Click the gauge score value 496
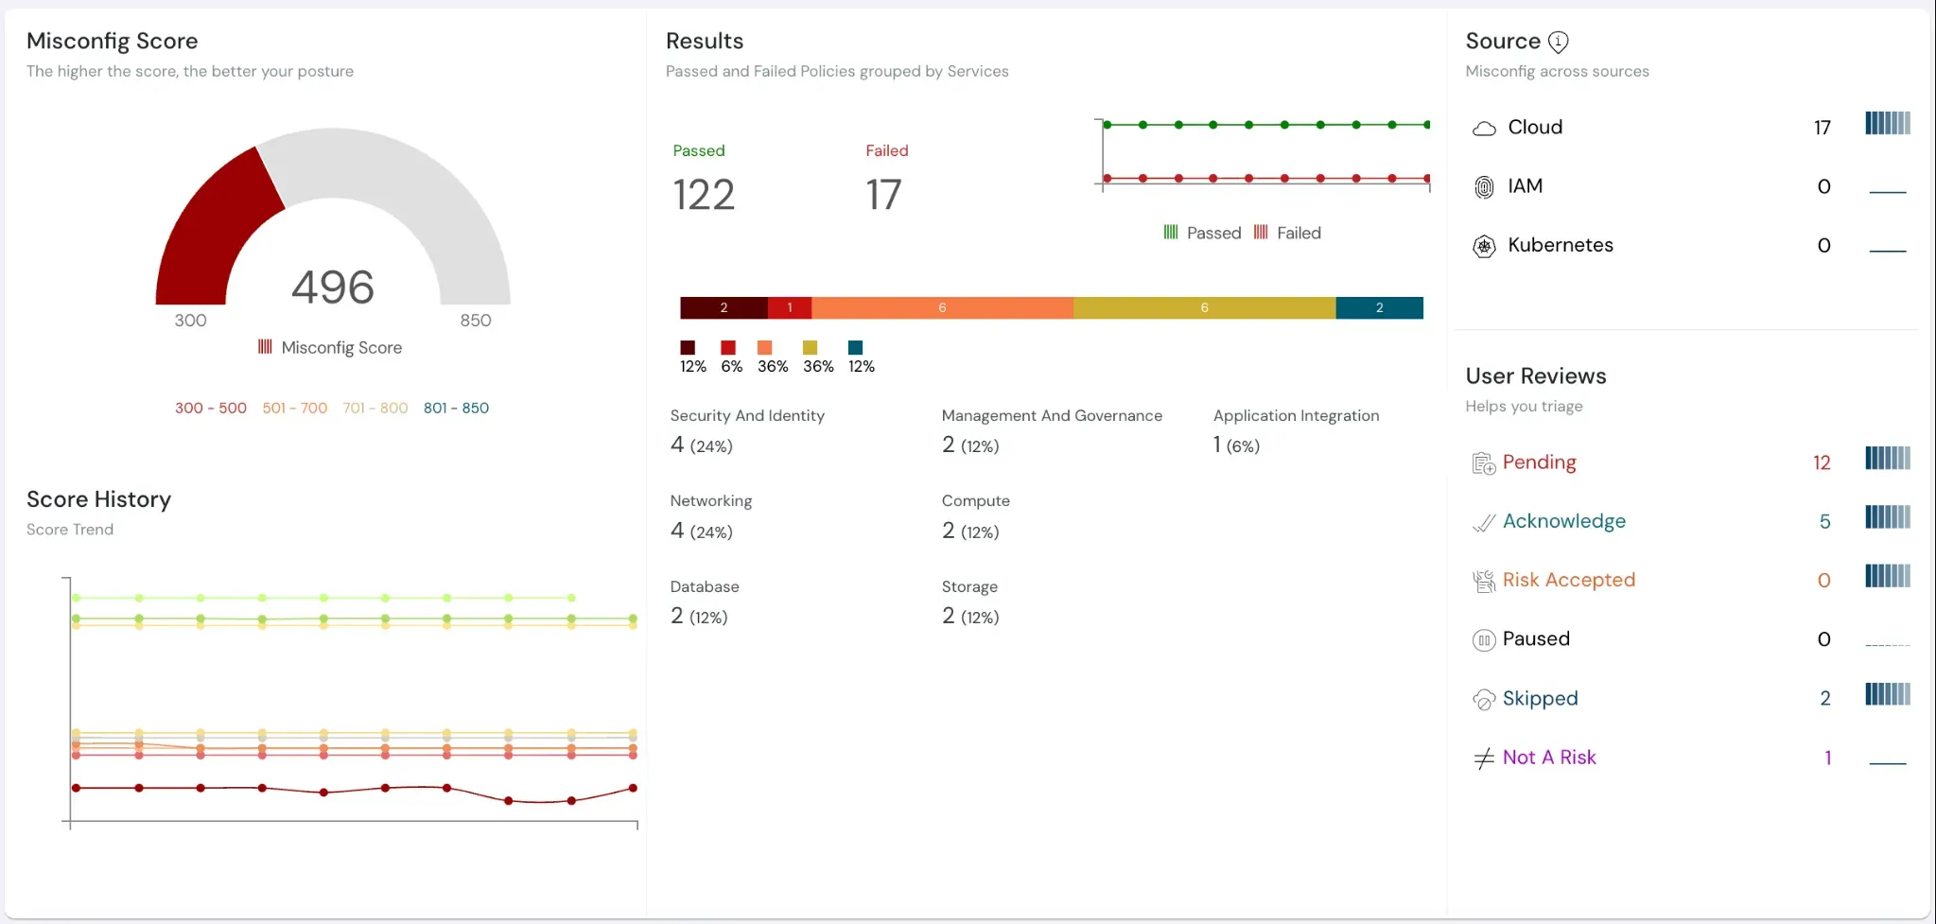click(x=333, y=288)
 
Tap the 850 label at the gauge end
click(x=476, y=321)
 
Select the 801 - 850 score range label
click(x=456, y=409)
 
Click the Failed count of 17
click(x=883, y=196)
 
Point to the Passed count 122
click(x=704, y=196)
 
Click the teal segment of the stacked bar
click(x=1379, y=308)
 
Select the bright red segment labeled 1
click(x=790, y=308)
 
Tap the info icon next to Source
click(x=1558, y=42)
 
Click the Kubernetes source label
click(x=1561, y=245)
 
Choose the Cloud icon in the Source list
click(x=1484, y=129)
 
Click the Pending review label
click(x=1539, y=462)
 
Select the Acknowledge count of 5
click(x=1824, y=522)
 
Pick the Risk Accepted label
click(x=1568, y=580)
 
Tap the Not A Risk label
click(x=1549, y=758)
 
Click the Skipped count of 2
click(x=1824, y=699)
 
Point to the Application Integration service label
click(x=1296, y=416)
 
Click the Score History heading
click(x=98, y=499)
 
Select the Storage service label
click(x=969, y=587)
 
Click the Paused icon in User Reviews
click(x=1484, y=641)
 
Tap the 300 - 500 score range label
click(x=210, y=409)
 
